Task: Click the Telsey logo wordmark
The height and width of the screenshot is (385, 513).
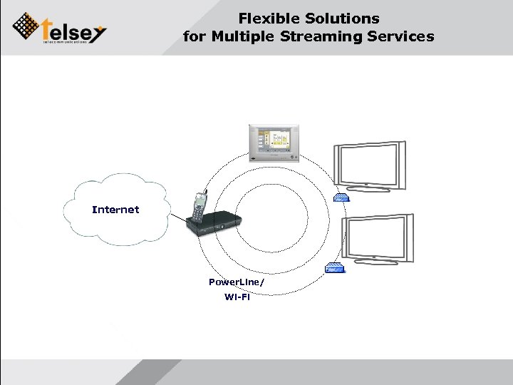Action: [74, 30]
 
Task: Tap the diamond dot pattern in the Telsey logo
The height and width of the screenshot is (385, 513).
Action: [27, 26]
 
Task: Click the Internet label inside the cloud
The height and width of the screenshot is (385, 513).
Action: [115, 210]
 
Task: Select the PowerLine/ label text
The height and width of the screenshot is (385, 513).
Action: [237, 282]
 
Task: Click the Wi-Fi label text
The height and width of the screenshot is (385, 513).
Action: [237, 297]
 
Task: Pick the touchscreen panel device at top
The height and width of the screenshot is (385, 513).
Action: [274, 143]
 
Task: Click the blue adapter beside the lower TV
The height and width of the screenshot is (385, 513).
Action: [333, 268]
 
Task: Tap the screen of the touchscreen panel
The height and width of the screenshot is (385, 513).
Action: [274, 139]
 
